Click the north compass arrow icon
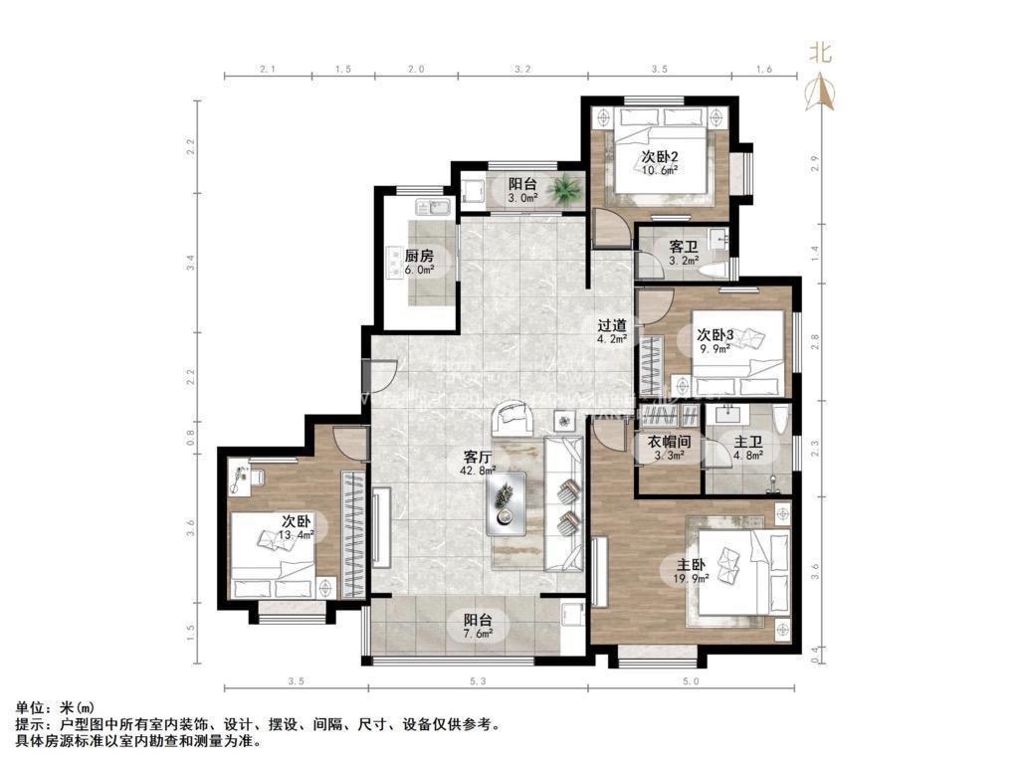(822, 92)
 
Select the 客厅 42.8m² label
(479, 463)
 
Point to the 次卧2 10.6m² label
(659, 162)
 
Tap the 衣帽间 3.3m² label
(669, 451)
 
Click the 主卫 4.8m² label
(747, 451)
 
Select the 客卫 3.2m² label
(682, 253)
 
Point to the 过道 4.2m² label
(612, 331)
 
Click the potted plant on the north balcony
(568, 186)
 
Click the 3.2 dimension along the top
(521, 70)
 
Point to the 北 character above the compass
(820, 51)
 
